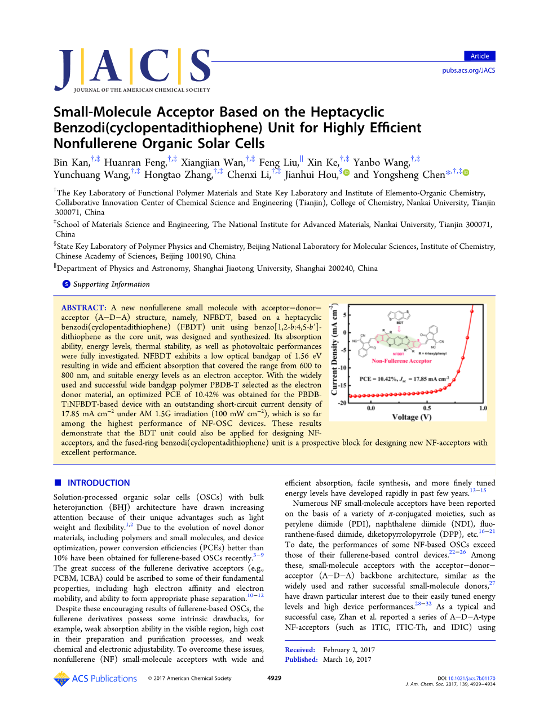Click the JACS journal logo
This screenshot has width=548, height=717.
tap(133, 70)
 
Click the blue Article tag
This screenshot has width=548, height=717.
tap(479, 56)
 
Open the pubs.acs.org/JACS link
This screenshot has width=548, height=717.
tap(469, 70)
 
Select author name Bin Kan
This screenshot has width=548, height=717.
tap(72, 163)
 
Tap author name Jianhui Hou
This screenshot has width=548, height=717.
tap(311, 175)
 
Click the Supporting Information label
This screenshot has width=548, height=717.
tap(111, 284)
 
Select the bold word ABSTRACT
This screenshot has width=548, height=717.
tap(83, 308)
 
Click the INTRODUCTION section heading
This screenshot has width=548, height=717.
tap(98, 483)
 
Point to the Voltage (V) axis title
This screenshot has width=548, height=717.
tap(412, 417)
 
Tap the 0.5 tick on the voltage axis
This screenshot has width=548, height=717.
tap(427, 408)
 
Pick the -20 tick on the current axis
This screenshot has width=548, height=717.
tap(342, 403)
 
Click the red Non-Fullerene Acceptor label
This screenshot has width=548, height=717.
tap(401, 361)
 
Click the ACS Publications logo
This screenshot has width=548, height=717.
tap(95, 679)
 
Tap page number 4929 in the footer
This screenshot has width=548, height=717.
tap(274, 678)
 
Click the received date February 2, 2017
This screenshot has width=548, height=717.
tap(348, 650)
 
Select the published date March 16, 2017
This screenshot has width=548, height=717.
tap(347, 660)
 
